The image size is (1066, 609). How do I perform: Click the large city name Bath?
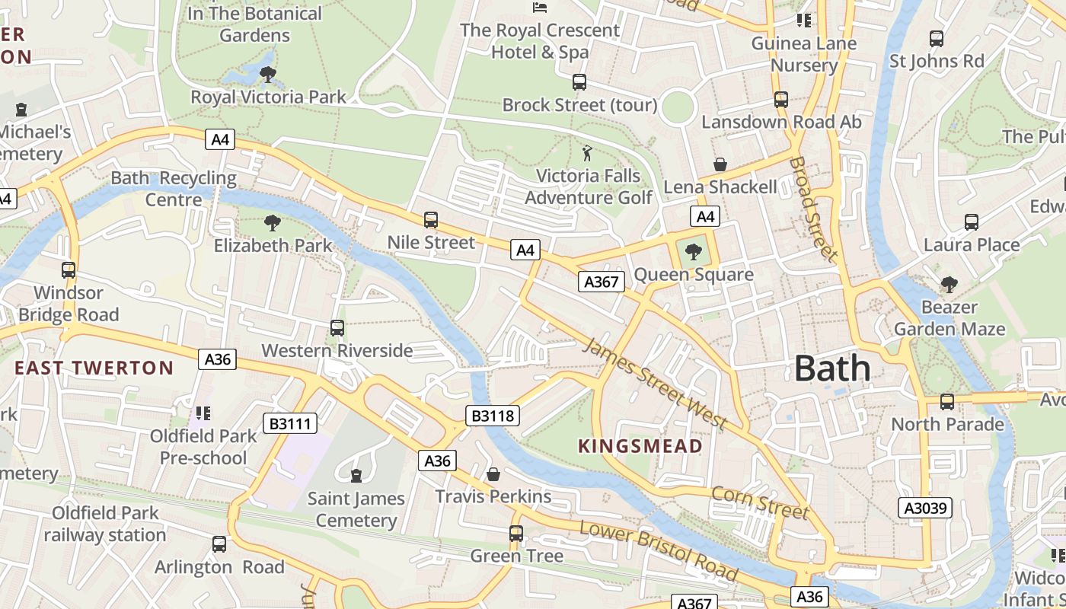click(832, 368)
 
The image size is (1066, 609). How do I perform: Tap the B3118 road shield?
click(493, 416)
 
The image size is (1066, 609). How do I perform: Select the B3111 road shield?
click(290, 423)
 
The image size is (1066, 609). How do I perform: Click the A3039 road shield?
click(926, 508)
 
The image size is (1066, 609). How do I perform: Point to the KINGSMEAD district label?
click(640, 446)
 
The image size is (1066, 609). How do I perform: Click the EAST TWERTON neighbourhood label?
click(94, 368)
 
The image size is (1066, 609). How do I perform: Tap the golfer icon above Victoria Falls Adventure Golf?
click(587, 154)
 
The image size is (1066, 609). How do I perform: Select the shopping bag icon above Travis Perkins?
click(493, 474)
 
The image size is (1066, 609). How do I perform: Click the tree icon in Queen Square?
click(694, 252)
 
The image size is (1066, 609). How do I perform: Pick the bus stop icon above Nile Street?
click(431, 220)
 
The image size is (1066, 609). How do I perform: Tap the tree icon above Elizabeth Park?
click(272, 223)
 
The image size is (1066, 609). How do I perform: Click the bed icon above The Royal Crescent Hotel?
click(540, 8)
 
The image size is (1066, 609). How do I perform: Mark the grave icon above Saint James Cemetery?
click(356, 476)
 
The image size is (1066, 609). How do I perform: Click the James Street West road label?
click(655, 385)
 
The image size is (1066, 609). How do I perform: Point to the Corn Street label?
click(759, 502)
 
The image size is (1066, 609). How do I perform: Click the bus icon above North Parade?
click(947, 401)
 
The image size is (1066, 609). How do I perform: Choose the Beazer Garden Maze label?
click(949, 318)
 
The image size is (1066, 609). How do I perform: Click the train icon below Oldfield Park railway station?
click(219, 544)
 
